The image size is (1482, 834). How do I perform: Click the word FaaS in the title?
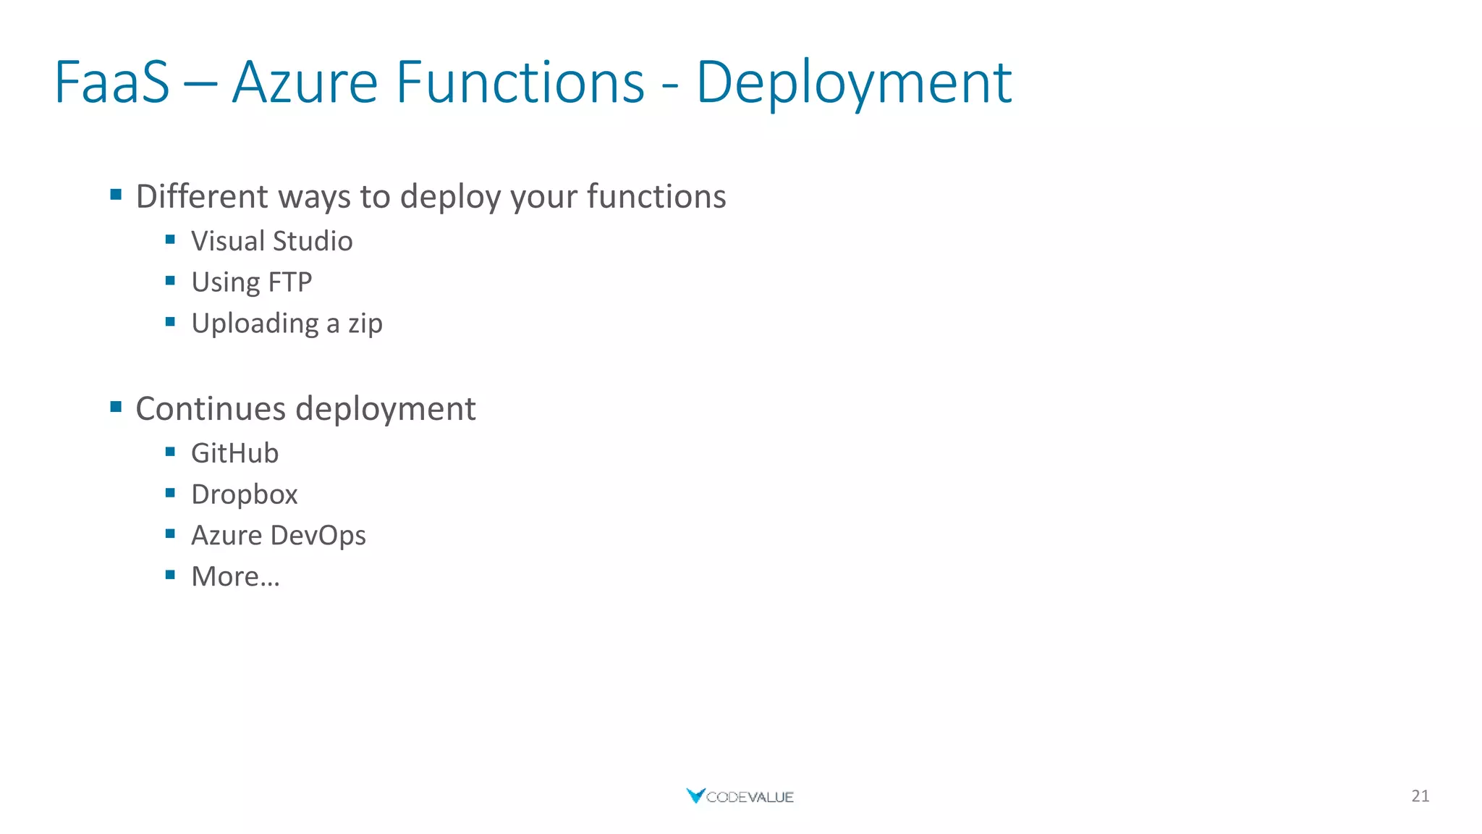click(x=112, y=83)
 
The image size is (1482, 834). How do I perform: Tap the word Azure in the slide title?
click(x=305, y=83)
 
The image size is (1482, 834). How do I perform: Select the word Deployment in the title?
click(x=853, y=83)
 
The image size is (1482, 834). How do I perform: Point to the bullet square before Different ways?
click(x=116, y=194)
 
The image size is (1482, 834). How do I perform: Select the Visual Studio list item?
click(x=271, y=241)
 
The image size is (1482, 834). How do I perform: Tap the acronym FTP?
click(x=289, y=282)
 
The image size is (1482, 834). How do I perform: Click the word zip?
click(x=365, y=324)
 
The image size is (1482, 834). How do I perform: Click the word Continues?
click(x=211, y=409)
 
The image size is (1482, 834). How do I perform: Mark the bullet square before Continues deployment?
click(x=116, y=406)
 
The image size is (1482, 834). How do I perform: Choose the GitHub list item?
click(x=234, y=453)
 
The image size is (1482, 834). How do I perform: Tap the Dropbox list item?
click(x=244, y=494)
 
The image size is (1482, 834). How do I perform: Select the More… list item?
click(x=235, y=577)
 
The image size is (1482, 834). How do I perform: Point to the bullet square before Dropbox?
click(x=170, y=493)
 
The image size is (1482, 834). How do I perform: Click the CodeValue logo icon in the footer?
click(x=695, y=796)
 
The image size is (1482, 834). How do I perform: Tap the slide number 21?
click(x=1420, y=796)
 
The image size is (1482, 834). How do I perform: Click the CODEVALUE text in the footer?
click(x=750, y=797)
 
